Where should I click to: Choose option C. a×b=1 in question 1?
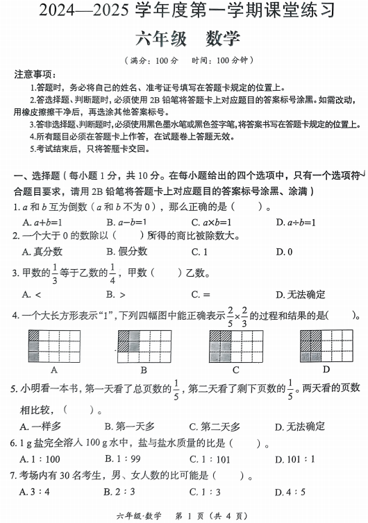click(211, 223)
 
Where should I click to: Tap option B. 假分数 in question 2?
click(126, 251)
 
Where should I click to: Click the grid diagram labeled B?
click(143, 345)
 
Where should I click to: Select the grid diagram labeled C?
click(235, 345)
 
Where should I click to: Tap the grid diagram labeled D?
click(325, 345)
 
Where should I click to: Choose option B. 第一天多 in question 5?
click(129, 426)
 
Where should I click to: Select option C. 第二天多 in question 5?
click(215, 426)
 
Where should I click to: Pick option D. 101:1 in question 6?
click(294, 459)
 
